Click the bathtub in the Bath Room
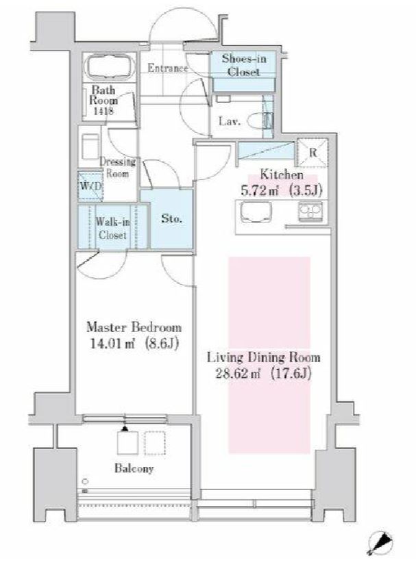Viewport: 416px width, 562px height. (x=109, y=67)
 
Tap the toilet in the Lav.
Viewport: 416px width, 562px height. (x=260, y=120)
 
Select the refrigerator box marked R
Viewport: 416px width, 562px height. (x=313, y=153)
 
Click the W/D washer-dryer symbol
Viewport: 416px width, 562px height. (x=91, y=186)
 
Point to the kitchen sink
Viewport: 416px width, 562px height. (x=256, y=212)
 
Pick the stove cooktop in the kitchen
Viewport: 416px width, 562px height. (x=310, y=212)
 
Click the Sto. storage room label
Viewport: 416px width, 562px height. (x=171, y=218)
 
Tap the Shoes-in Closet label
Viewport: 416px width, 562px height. (x=244, y=65)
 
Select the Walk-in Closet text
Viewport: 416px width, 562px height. (x=112, y=229)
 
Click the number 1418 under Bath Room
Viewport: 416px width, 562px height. (x=103, y=111)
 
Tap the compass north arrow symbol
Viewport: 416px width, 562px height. (x=380, y=541)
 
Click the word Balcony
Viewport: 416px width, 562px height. (x=134, y=468)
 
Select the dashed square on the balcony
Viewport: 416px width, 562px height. (x=155, y=444)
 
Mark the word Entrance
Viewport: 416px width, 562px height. (x=168, y=68)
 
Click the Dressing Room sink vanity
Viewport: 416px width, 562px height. (x=90, y=146)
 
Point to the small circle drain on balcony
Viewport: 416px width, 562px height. (x=85, y=481)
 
